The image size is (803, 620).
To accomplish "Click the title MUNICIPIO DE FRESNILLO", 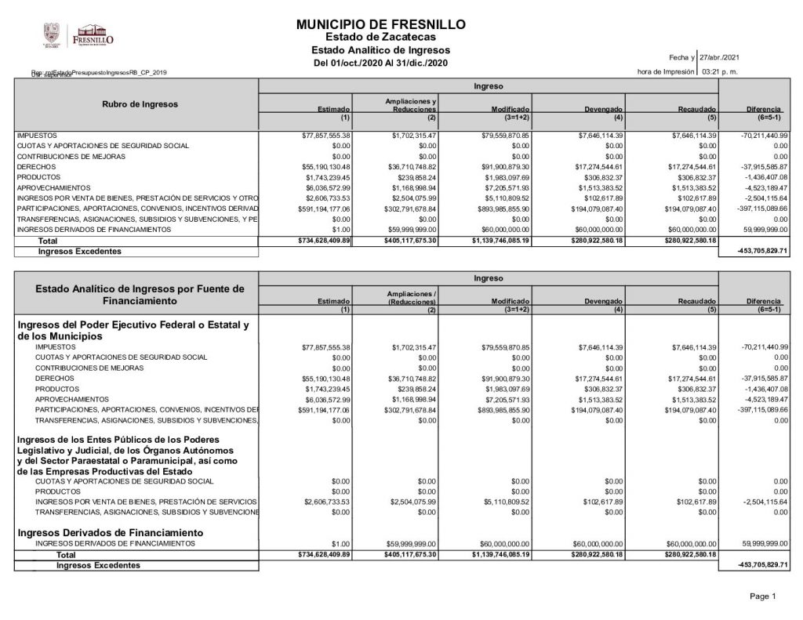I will (x=381, y=25).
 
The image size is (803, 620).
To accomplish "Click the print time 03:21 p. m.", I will (x=720, y=71).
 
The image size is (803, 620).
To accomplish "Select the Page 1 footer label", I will (x=762, y=596).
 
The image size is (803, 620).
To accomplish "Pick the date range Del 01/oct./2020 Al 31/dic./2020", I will (x=380, y=63).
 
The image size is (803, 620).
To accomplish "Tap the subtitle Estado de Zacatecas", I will (x=380, y=37).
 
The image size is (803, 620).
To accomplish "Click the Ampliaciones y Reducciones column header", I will (x=411, y=105).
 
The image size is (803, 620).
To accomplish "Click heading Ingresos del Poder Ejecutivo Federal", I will (x=133, y=330).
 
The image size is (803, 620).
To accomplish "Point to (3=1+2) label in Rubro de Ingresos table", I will (x=516, y=118).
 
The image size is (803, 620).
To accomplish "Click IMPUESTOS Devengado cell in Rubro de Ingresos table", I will (x=601, y=136).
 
